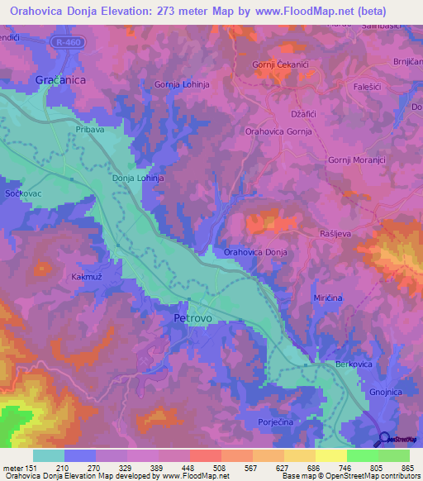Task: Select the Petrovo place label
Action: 194,317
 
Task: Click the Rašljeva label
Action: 335,234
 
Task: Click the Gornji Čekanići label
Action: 280,64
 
